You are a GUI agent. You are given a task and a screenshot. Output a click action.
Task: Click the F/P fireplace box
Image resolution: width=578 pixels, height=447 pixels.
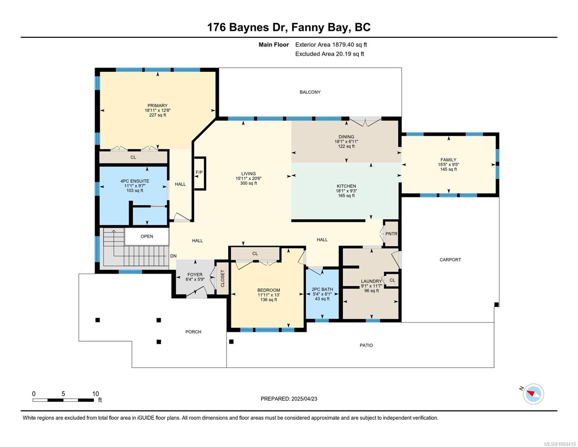(x=200, y=173)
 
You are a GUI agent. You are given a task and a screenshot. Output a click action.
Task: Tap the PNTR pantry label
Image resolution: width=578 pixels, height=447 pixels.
(x=391, y=234)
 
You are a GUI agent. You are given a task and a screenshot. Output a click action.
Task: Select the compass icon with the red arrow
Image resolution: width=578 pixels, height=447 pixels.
(x=533, y=394)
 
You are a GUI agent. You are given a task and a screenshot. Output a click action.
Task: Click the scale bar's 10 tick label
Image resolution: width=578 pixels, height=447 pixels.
(x=96, y=394)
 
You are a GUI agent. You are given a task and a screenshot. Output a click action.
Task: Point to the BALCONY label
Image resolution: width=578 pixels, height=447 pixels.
(x=310, y=92)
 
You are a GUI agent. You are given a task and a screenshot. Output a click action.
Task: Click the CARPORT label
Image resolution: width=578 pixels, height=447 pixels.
(x=450, y=260)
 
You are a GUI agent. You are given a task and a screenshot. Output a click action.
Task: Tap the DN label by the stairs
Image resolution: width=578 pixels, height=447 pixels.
(x=173, y=256)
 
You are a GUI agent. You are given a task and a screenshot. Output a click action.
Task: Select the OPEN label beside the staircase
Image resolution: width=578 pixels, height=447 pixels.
(x=147, y=237)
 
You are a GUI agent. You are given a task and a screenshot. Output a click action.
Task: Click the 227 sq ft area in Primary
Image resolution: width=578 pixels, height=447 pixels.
(x=157, y=115)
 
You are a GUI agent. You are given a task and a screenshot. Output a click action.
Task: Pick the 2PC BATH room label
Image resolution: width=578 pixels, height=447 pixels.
(x=322, y=289)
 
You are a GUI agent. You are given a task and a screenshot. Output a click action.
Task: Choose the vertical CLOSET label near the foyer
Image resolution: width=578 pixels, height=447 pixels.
(x=223, y=279)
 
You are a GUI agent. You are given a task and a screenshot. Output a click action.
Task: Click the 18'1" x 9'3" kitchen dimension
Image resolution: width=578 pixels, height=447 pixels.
(x=346, y=191)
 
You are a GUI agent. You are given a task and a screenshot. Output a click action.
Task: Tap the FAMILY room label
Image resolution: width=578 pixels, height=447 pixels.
(x=448, y=160)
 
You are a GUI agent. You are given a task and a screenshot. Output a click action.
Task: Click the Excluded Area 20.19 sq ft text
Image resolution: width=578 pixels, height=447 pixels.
(x=329, y=54)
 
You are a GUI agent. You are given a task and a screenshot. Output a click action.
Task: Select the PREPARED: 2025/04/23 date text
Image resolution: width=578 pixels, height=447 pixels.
(x=289, y=399)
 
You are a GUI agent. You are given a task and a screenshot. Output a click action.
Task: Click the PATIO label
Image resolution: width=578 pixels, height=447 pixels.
(x=366, y=345)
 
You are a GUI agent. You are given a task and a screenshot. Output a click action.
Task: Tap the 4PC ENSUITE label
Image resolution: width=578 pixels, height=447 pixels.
(x=135, y=181)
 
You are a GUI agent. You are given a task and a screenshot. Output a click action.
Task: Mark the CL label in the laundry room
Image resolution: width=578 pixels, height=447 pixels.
(x=392, y=280)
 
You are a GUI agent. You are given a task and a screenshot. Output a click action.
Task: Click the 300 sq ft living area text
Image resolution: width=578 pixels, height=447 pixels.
(x=249, y=183)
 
